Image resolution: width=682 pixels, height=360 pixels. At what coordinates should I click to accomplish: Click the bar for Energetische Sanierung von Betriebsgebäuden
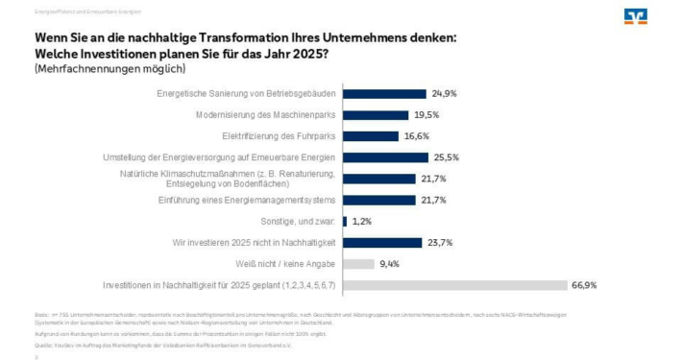pos(384,94)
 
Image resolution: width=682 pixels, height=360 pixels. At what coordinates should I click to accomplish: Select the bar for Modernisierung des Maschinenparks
pos(376,115)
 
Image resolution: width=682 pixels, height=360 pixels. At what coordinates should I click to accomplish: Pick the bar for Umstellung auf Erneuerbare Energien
pos(385,157)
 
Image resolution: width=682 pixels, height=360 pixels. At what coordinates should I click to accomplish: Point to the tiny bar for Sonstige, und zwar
pos(345,221)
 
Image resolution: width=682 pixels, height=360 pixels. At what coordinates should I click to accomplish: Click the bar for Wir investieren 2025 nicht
pos(382,242)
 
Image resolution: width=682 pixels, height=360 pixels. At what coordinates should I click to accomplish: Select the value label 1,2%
pos(363,221)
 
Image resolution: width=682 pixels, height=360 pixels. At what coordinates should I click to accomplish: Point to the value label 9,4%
pos(389,263)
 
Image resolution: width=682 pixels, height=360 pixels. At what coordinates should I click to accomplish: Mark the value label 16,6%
pos(416,136)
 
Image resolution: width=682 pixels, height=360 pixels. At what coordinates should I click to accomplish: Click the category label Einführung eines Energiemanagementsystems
pos(246,200)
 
